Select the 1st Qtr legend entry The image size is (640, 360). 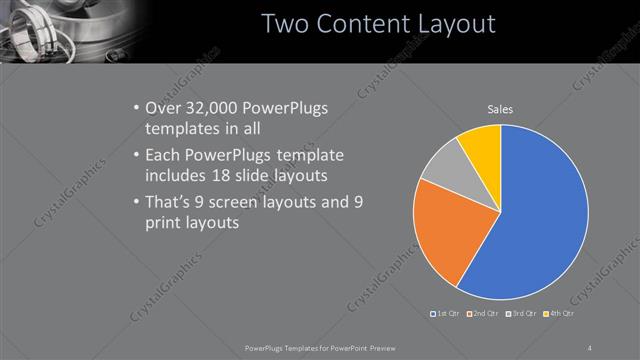point(445,314)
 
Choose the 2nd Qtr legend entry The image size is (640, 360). point(484,314)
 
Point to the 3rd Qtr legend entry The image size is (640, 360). point(522,314)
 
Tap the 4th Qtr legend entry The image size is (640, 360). point(559,314)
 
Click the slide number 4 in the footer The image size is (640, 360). point(589,347)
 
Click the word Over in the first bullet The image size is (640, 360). point(165,107)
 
